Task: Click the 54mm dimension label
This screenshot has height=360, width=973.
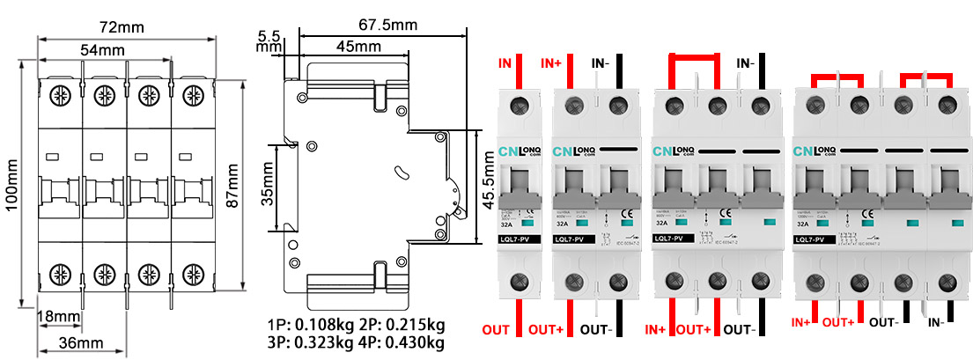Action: [102, 50]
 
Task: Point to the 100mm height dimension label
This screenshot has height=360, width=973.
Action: [12, 190]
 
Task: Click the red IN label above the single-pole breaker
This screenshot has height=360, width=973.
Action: [505, 63]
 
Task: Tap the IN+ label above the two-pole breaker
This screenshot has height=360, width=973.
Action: [552, 63]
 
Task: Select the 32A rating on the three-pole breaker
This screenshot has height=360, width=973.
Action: [660, 224]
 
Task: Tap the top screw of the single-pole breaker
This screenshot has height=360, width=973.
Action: [521, 107]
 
